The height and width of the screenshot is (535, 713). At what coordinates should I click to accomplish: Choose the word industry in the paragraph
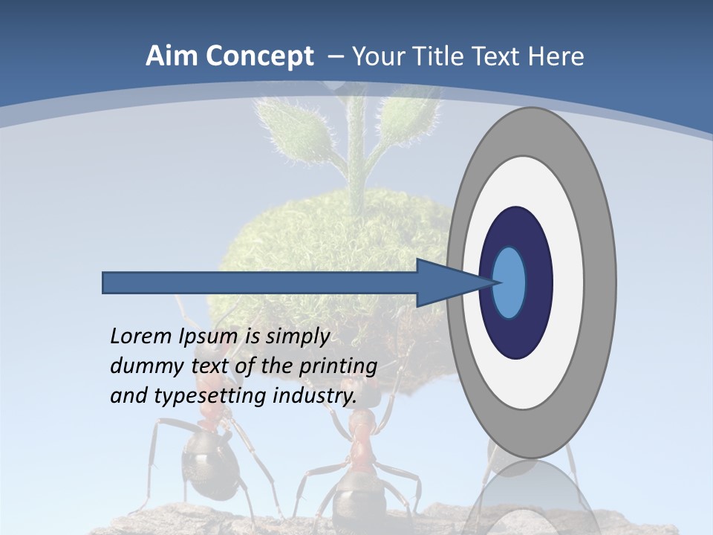315,396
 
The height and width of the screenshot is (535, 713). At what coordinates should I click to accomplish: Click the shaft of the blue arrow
260,282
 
